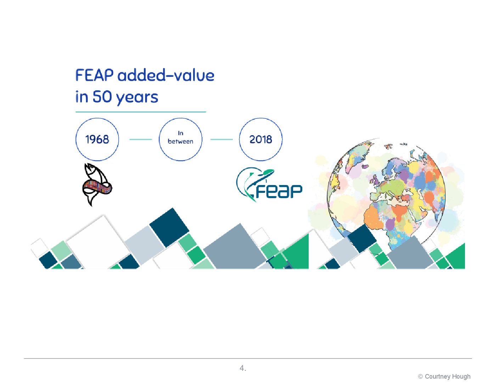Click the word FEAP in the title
point(94,75)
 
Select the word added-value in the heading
point(166,75)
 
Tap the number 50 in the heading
point(102,97)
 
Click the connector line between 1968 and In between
point(141,139)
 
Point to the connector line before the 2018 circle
point(222,139)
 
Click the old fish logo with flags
point(96,185)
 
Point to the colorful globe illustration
point(386,195)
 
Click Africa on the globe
point(388,220)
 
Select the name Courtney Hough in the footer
point(448,376)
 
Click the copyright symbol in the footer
point(420,376)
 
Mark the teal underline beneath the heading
point(141,112)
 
